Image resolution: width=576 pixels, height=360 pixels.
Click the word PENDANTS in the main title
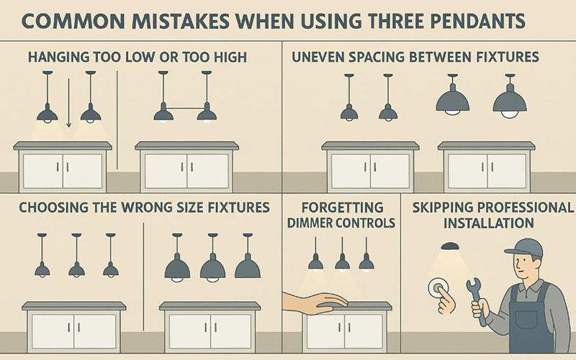click(x=478, y=21)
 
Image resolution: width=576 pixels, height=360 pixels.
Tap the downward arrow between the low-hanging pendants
click(x=68, y=103)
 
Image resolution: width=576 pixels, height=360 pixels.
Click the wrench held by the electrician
click(x=476, y=300)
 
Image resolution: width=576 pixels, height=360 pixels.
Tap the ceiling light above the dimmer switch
click(x=449, y=246)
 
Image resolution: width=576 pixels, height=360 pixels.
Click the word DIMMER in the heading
click(x=310, y=223)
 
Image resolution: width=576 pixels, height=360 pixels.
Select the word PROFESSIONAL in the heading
click(x=528, y=207)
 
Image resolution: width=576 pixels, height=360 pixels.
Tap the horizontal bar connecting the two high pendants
click(x=185, y=108)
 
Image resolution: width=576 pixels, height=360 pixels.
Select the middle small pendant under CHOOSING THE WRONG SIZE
click(x=76, y=255)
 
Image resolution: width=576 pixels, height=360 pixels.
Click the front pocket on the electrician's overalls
click(x=526, y=322)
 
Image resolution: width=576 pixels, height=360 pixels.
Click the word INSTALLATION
click(x=489, y=223)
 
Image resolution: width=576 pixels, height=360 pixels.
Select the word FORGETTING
click(x=343, y=207)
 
